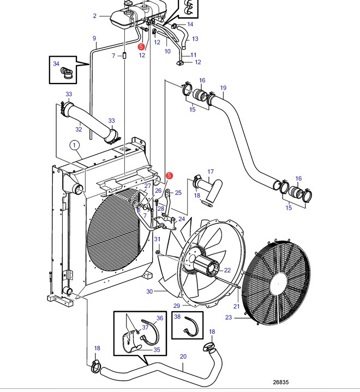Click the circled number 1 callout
[74, 145]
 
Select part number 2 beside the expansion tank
[95, 16]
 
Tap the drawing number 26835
[281, 382]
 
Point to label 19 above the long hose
[223, 88]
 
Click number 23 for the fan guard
[229, 317]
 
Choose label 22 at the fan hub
[227, 270]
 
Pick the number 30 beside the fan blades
[149, 292]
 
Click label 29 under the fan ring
[177, 306]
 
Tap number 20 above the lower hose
[183, 357]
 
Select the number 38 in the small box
[177, 317]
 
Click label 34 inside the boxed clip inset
[56, 63]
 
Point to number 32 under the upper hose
[79, 129]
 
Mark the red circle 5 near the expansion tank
[141, 46]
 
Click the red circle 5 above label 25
[169, 175]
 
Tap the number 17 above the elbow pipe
[211, 171]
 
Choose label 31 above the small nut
[157, 239]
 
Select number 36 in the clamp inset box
[160, 318]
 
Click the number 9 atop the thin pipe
[94, 38]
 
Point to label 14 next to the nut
[190, 24]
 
